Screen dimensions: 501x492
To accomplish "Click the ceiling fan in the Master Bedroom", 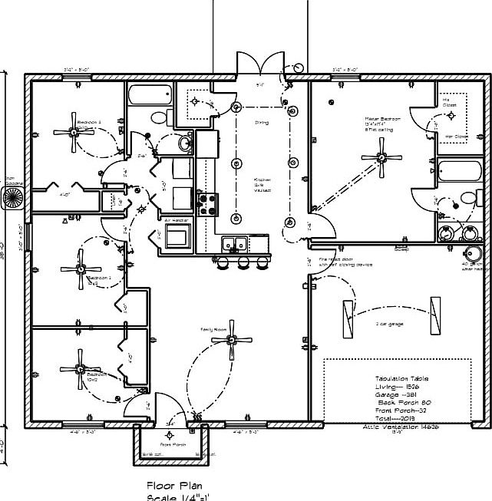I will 381,157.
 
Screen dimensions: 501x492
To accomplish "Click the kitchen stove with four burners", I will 206,204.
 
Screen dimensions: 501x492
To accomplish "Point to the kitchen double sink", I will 233,244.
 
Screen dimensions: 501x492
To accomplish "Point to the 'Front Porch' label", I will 173,444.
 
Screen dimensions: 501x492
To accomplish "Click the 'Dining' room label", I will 262,122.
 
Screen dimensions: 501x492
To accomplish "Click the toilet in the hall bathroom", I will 159,117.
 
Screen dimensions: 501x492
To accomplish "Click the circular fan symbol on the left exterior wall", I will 13,198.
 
